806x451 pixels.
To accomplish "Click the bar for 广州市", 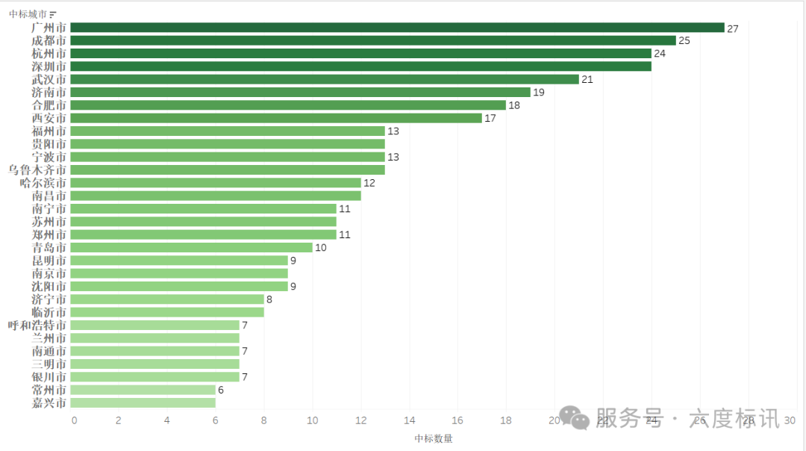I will point(397,28).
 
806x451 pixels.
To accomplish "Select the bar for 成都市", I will point(373,40).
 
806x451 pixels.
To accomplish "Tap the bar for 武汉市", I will point(325,79).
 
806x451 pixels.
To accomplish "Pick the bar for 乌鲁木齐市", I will point(228,170).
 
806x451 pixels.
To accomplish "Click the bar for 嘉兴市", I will point(143,403).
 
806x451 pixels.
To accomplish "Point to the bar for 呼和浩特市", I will point(154,326).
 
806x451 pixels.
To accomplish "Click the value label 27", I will point(733,28).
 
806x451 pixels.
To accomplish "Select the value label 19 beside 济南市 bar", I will point(539,93).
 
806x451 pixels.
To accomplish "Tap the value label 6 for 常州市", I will point(221,390).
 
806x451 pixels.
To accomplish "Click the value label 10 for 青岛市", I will point(321,248).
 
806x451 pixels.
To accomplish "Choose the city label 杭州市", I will point(49,54).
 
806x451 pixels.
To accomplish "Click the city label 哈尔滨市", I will point(43,183).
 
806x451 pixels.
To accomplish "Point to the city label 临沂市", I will point(49,312).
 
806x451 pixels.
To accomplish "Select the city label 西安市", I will point(49,118).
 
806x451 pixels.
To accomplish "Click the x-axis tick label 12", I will point(360,420).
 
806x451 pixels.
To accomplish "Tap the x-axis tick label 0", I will point(74,420).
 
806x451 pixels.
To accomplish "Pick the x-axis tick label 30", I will point(790,420).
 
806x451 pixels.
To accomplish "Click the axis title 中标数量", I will point(434,438).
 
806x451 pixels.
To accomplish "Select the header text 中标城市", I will point(28,14).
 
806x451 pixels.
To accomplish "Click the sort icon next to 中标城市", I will point(53,14).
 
